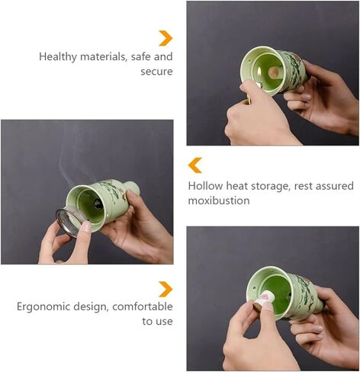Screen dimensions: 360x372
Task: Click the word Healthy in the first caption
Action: pos(57,57)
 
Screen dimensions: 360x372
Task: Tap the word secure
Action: pos(156,72)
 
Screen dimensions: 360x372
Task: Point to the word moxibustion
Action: pos(219,200)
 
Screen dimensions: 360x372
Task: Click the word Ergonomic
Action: pos(43,307)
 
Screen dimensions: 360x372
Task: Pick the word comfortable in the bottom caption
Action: pos(143,306)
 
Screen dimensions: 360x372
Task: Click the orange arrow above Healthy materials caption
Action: pos(166,38)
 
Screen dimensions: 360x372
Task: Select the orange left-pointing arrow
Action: pos(195,165)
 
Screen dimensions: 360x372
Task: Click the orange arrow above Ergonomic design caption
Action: pos(166,289)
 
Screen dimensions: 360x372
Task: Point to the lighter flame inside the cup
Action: pos(259,73)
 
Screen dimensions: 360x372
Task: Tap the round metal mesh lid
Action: pos(69,222)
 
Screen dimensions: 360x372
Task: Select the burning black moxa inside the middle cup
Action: pos(98,204)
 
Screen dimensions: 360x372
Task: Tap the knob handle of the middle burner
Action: pos(133,188)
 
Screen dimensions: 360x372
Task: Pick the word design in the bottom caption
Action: pos(91,307)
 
